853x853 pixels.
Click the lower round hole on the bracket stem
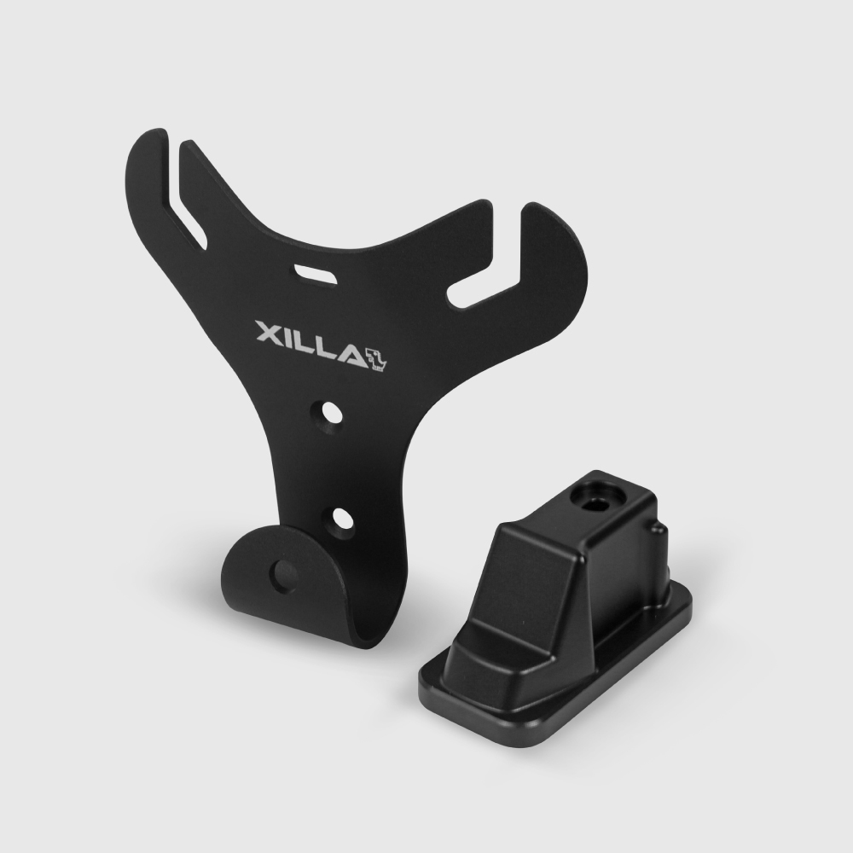341,519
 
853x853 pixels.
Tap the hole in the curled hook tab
286,574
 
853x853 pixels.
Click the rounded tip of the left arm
154,136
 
